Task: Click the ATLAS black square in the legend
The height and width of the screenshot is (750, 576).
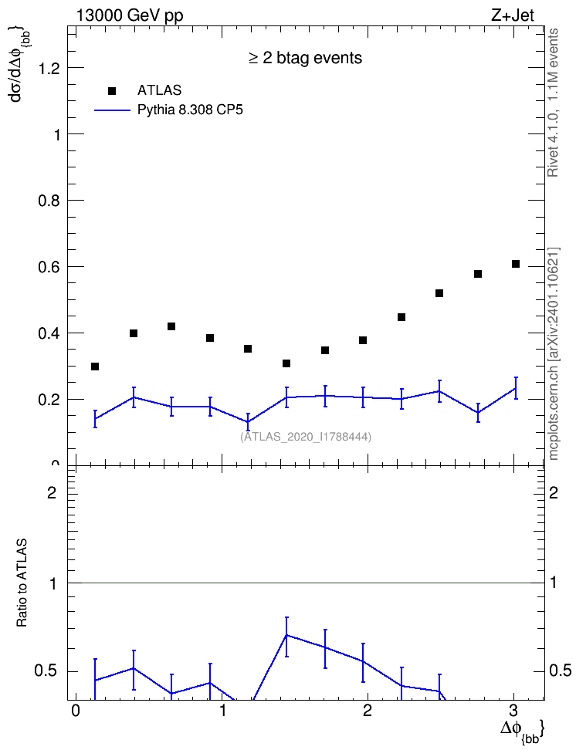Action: coord(112,91)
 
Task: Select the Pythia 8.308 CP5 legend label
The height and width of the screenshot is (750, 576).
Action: coord(190,110)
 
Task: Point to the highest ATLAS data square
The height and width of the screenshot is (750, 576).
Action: coord(516,264)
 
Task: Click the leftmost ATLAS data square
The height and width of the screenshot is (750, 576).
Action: coord(95,367)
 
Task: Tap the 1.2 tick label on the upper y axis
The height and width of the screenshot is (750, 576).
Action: coord(49,69)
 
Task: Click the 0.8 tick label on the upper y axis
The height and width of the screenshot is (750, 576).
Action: coord(49,201)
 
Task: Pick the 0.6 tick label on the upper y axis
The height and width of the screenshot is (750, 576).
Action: coord(49,267)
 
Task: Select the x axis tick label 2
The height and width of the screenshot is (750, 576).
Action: coord(368,710)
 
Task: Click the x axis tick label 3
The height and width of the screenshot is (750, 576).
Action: coord(513,710)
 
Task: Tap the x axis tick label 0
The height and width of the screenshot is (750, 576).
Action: coord(75,710)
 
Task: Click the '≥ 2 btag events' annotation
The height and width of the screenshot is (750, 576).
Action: coord(306,58)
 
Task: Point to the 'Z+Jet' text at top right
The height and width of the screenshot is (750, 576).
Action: coord(513,15)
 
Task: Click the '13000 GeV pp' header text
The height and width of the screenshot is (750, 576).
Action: coord(129,15)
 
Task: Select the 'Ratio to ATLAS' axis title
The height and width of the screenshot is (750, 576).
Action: coord(22,583)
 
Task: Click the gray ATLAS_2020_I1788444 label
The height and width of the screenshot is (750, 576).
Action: coord(306,437)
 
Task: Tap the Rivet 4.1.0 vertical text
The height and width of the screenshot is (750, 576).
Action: coord(553,103)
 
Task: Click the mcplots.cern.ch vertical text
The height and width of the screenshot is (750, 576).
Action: coord(554,354)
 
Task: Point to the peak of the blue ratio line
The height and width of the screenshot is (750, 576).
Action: coord(286,635)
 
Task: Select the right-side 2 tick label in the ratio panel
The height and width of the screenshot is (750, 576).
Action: coord(554,492)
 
